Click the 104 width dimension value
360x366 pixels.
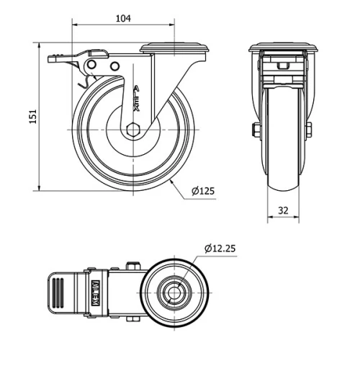point(123,19)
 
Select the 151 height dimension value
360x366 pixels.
point(31,117)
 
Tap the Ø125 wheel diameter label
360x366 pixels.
point(204,191)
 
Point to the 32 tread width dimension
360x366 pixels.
point(284,211)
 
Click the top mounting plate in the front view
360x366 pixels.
point(284,49)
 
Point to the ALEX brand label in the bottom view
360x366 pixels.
point(94,292)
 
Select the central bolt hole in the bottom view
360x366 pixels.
point(175,292)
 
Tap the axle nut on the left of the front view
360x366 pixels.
point(256,130)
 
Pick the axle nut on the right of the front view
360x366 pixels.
point(310,130)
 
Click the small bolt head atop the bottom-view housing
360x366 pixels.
point(133,266)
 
